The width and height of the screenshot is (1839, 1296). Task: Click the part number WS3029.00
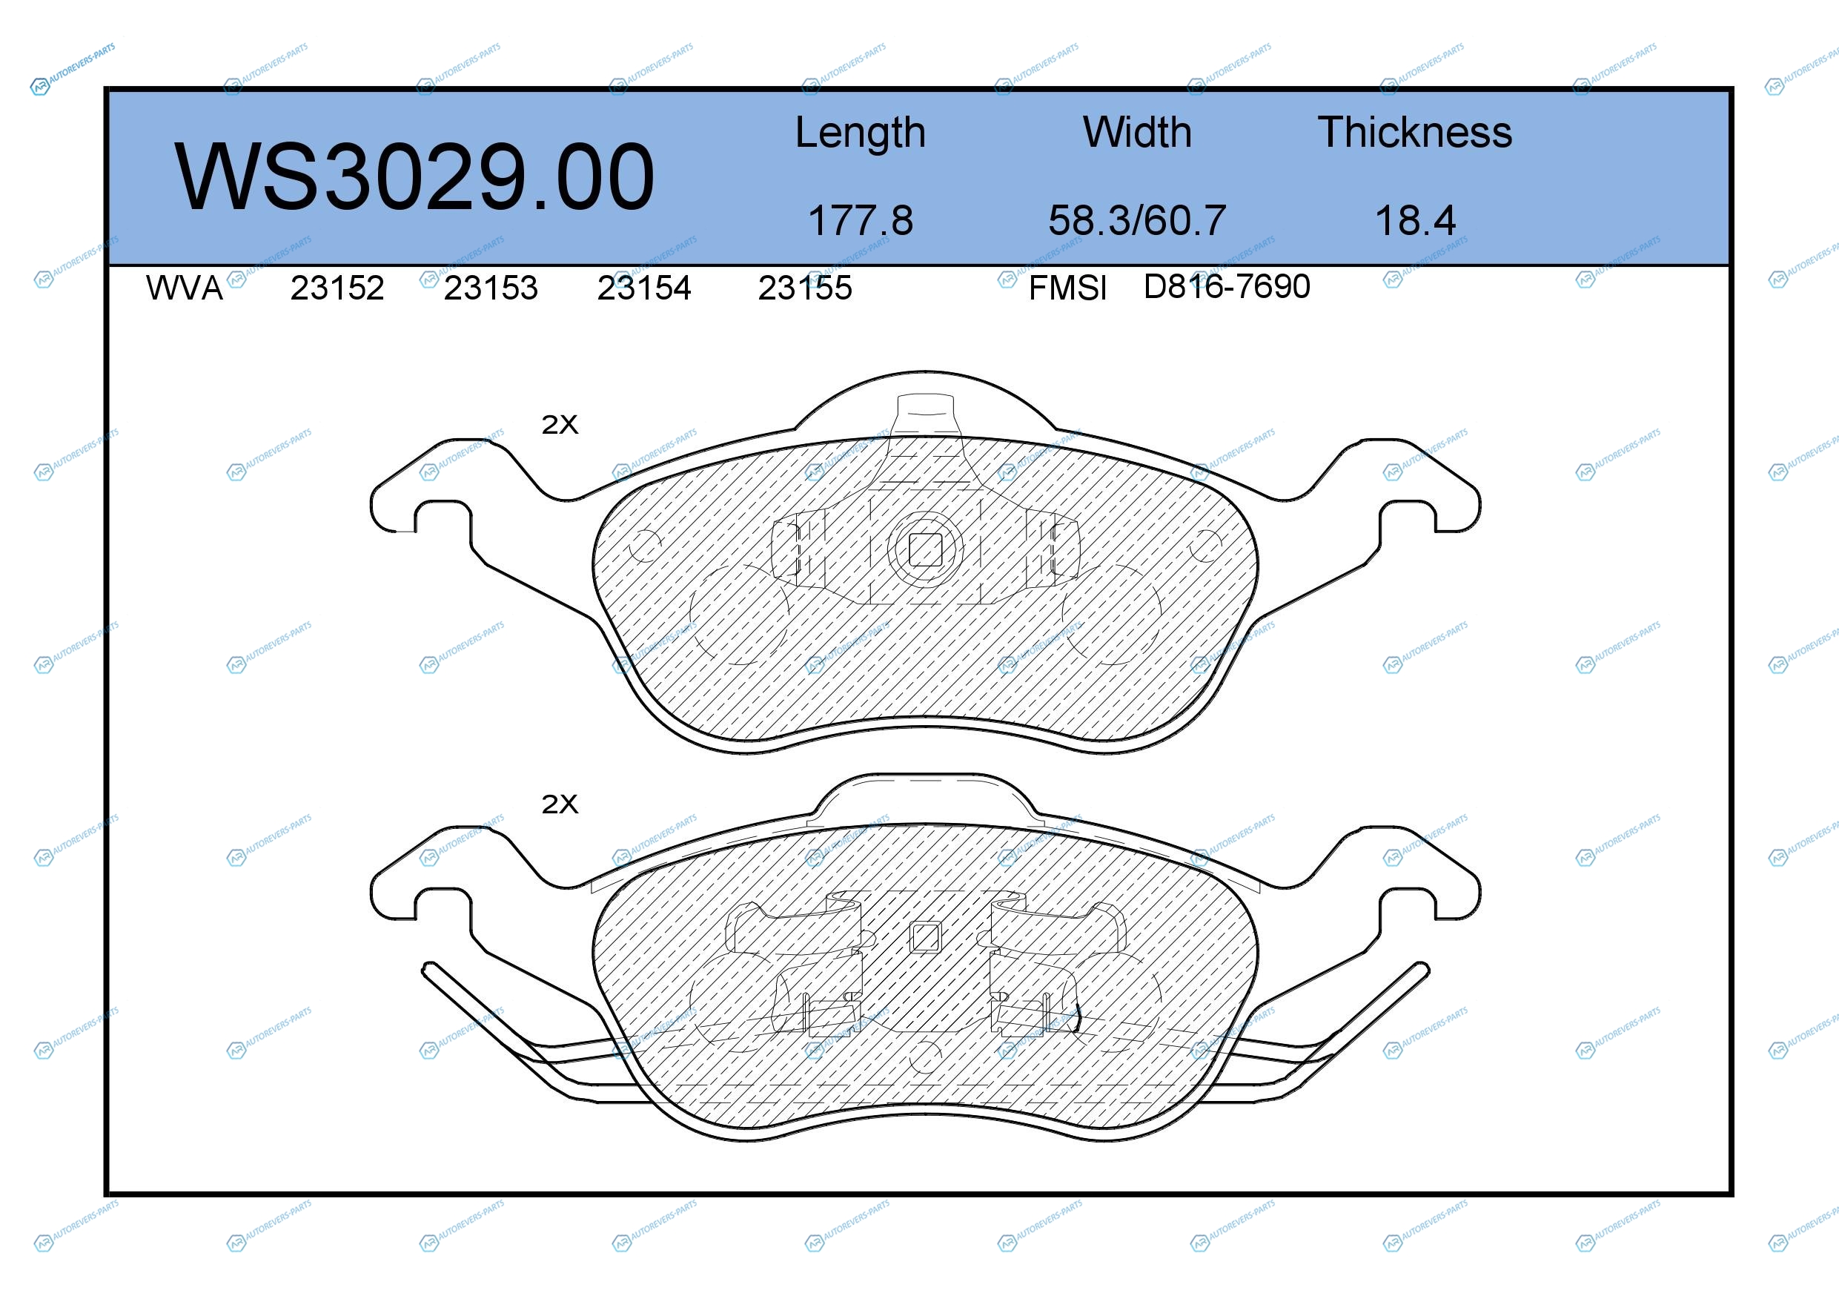coord(414,177)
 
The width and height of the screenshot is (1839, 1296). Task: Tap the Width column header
coord(1136,132)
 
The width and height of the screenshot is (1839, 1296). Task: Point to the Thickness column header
coord(1414,132)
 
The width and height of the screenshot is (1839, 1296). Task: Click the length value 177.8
coord(861,220)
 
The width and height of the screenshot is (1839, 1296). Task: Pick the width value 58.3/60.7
coord(1136,220)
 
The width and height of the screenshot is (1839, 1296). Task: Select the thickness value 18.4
coord(1414,220)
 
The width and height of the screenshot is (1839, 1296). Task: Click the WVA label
coord(185,288)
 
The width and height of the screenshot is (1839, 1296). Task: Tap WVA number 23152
coord(337,288)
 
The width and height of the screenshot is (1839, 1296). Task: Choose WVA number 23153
coord(491,288)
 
